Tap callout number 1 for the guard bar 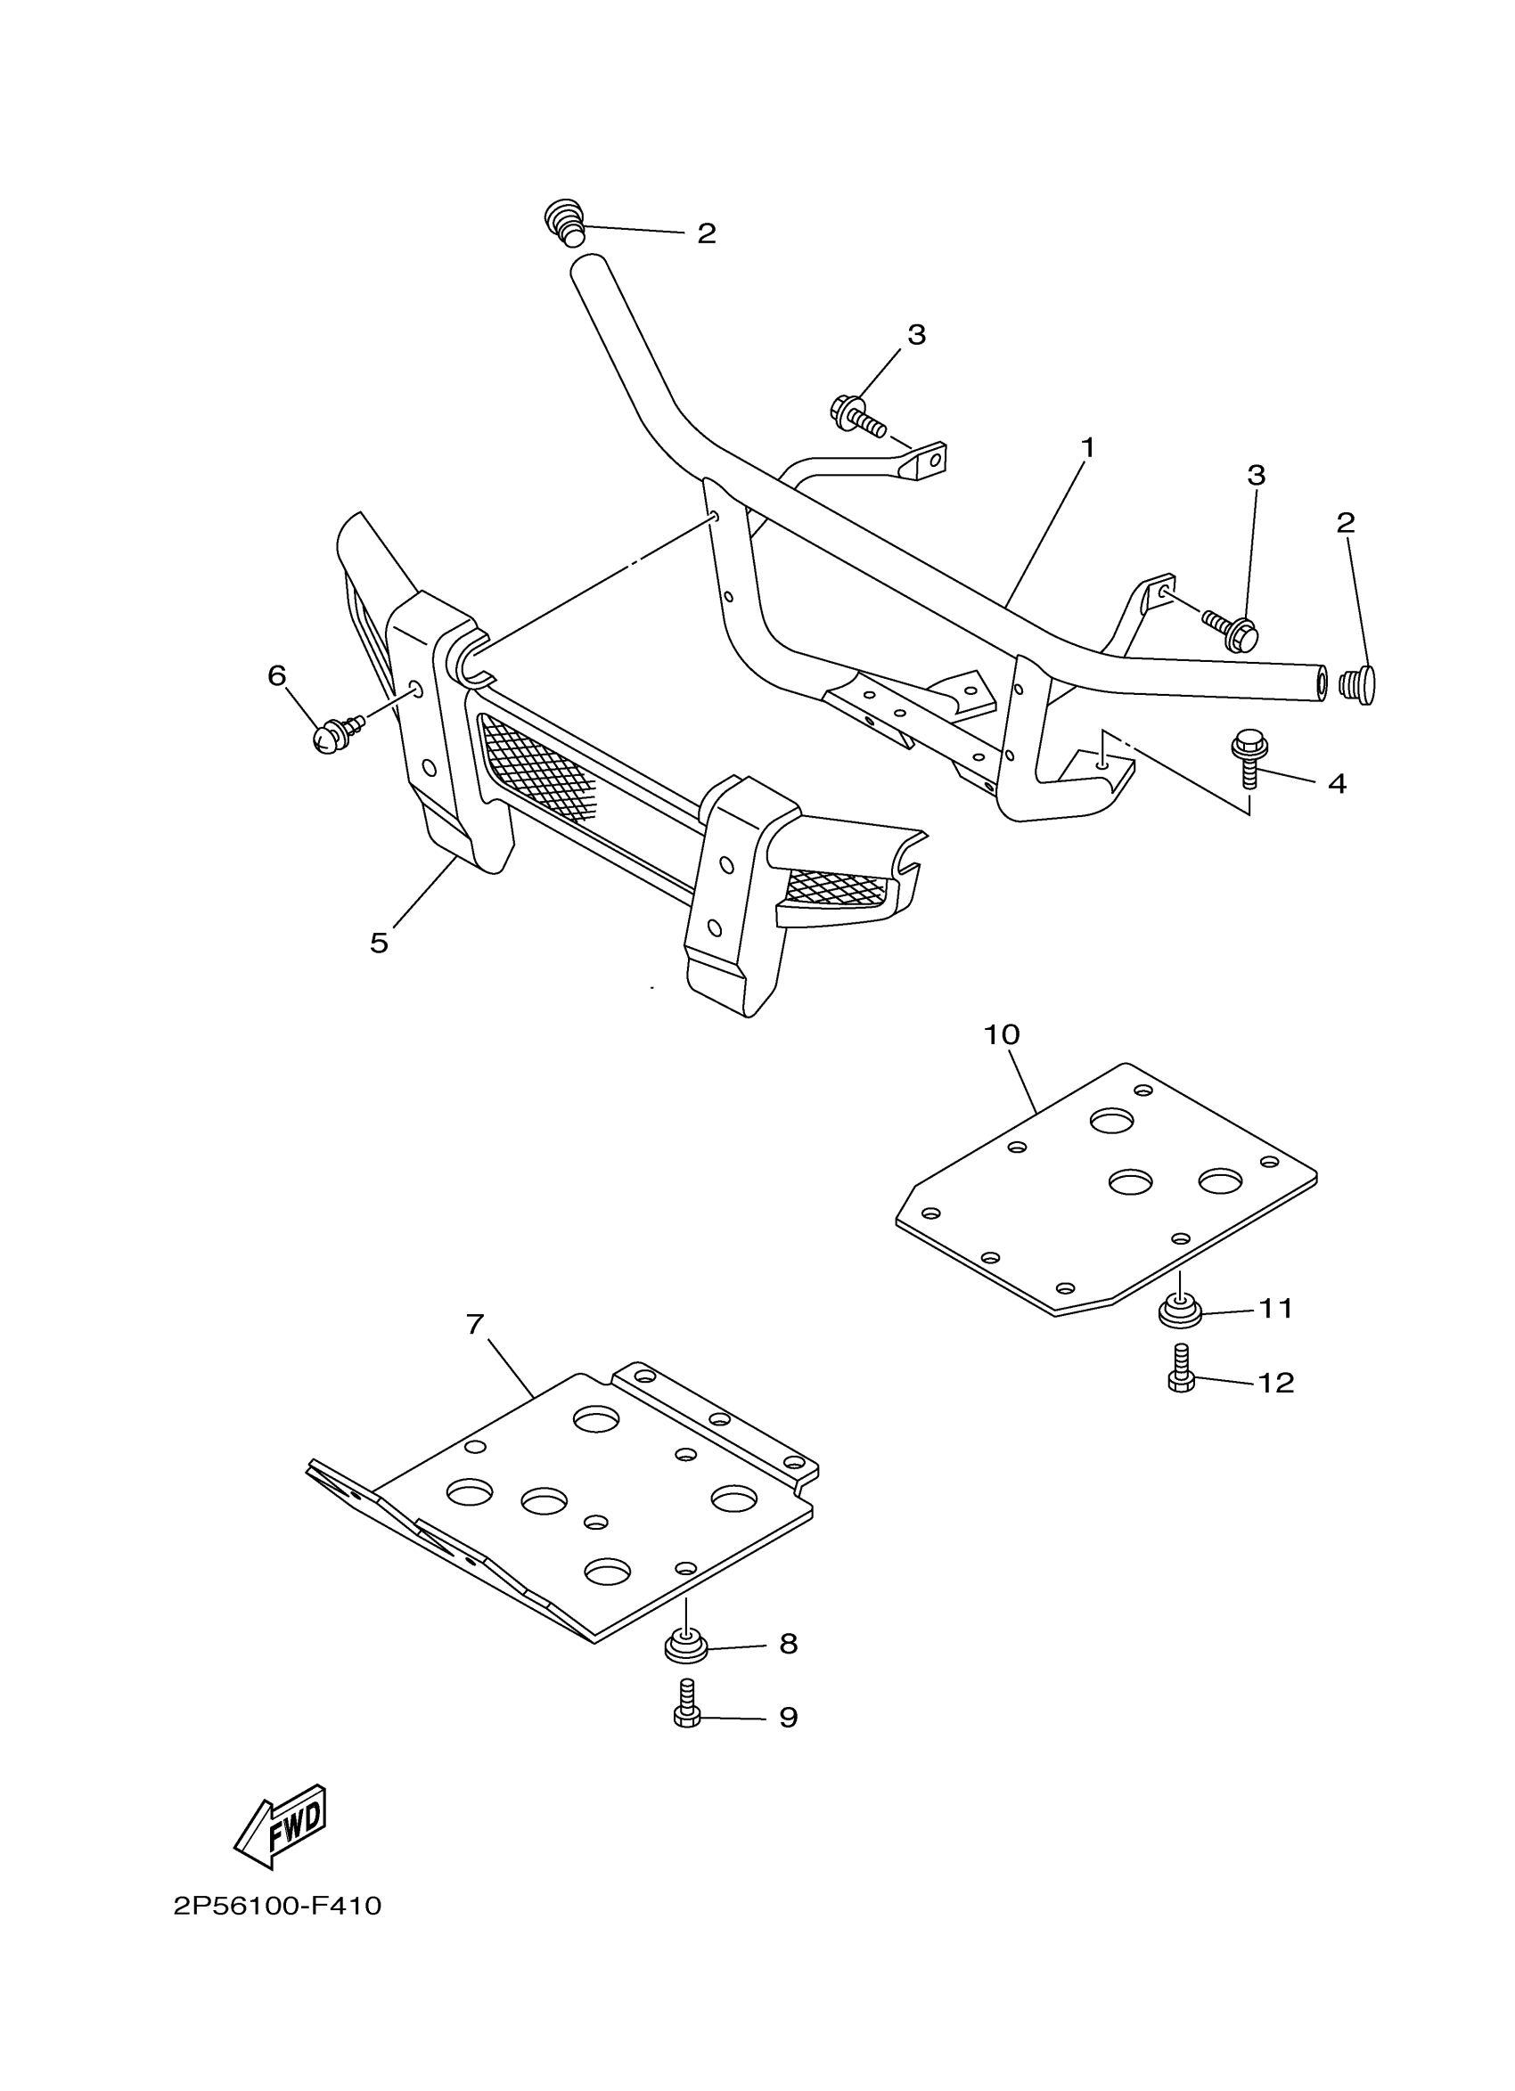(1088, 448)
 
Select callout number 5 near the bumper (379, 943)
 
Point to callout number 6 (276, 676)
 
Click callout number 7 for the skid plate (475, 1325)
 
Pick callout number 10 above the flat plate (1002, 1034)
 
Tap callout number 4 (1337, 784)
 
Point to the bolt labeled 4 (1249, 758)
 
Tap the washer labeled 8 (686, 1644)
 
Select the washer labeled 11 (1179, 1311)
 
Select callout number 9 (788, 1718)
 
